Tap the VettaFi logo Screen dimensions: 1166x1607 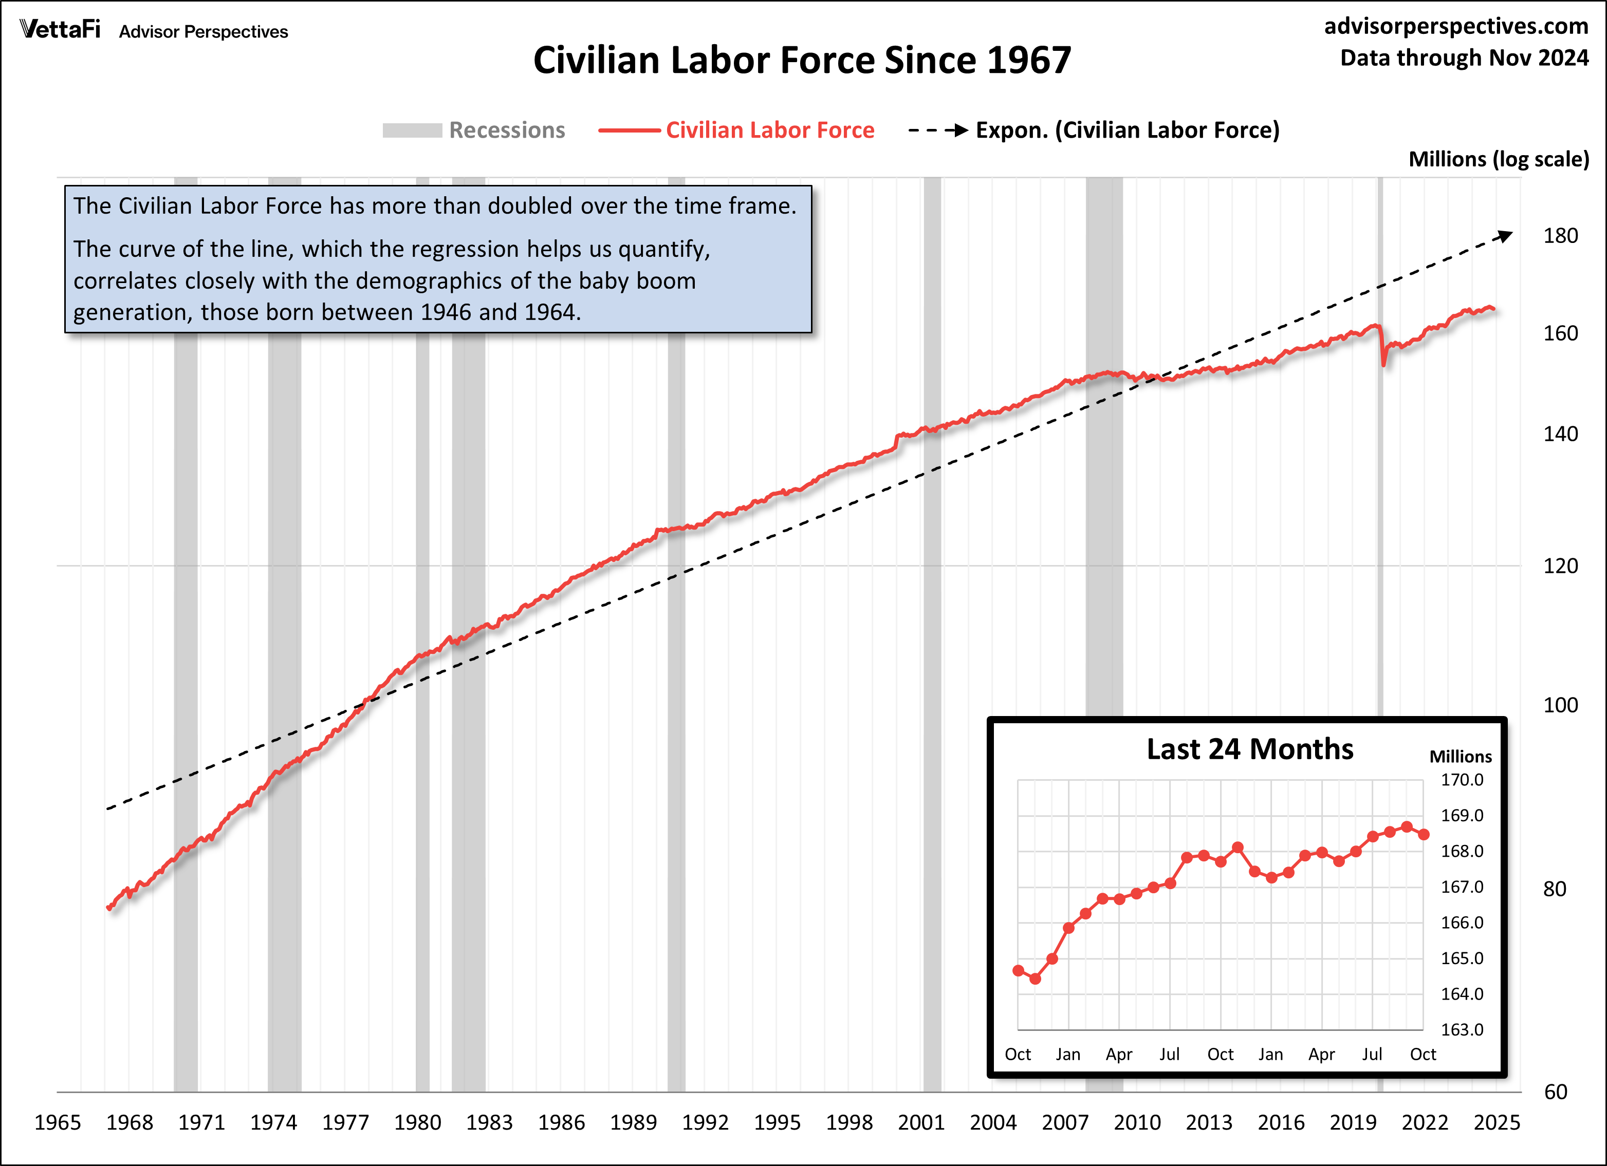click(x=60, y=29)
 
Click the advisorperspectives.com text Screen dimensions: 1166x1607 click(x=1456, y=26)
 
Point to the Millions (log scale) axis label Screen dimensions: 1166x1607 click(x=1498, y=159)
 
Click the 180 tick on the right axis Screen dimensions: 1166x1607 click(x=1560, y=236)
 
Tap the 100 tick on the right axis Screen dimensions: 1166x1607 click(x=1560, y=705)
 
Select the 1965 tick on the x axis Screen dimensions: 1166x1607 click(x=58, y=1122)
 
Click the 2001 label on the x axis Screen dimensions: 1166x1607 click(x=920, y=1122)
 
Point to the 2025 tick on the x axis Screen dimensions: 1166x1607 click(x=1497, y=1122)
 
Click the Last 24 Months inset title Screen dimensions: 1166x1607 click(x=1249, y=749)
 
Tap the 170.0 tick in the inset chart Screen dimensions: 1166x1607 click(x=1461, y=780)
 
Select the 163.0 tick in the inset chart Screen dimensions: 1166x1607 click(x=1461, y=1029)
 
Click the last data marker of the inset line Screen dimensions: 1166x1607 click(x=1424, y=835)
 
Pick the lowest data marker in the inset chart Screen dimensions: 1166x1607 click(x=1035, y=979)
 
